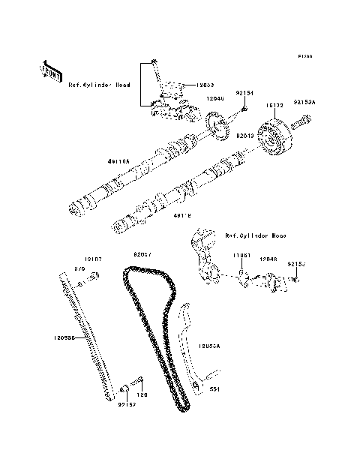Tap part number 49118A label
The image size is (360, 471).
(118, 161)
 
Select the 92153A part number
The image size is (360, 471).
(304, 101)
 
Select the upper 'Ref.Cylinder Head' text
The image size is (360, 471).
(99, 85)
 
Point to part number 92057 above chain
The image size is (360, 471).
(142, 254)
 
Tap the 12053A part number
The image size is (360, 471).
(210, 346)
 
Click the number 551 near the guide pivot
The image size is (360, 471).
(214, 389)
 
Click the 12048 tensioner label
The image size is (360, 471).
(268, 259)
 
